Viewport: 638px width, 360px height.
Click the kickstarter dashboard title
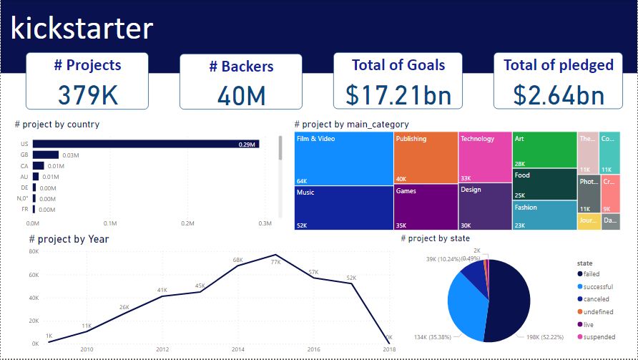[x=82, y=28]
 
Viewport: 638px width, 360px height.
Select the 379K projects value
[x=87, y=94]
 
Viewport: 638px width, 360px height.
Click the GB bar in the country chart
[x=45, y=155]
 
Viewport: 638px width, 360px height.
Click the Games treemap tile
[x=426, y=207]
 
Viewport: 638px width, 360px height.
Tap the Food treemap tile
[x=544, y=184]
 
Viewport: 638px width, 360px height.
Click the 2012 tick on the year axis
[x=162, y=349]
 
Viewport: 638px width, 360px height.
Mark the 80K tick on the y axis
[x=34, y=252]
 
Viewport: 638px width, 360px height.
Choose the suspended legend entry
[x=598, y=336]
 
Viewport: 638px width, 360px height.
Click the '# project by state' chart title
[x=435, y=238]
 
